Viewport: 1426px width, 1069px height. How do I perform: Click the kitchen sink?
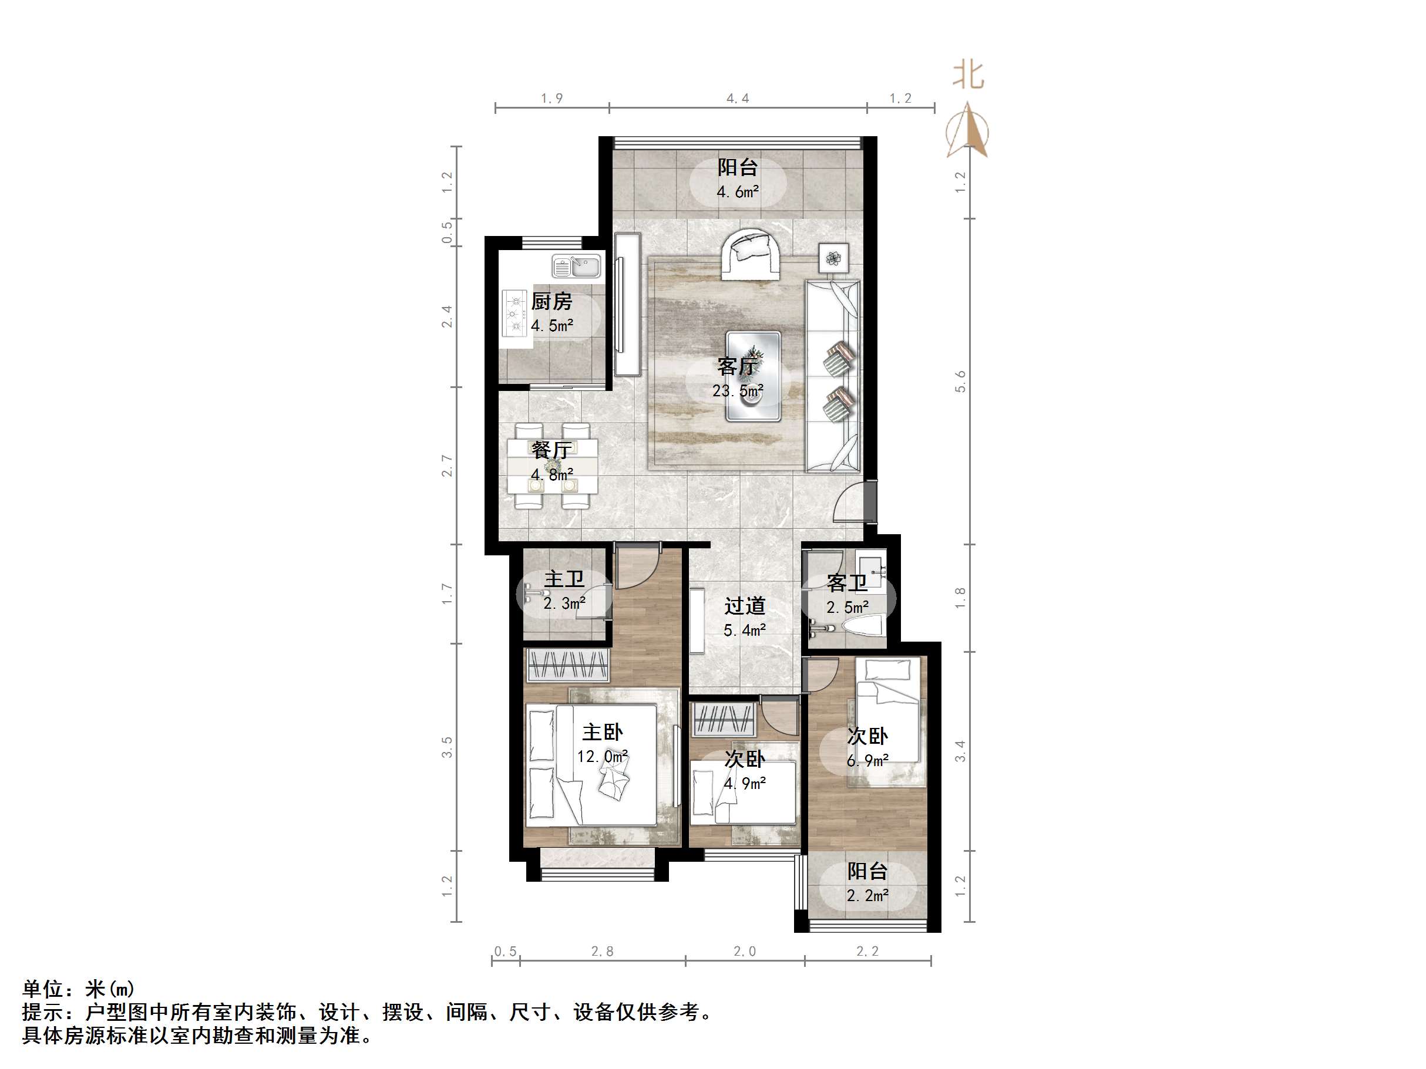(576, 265)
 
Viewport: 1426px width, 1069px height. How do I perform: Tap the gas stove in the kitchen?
(514, 315)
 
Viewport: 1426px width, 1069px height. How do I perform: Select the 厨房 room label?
(552, 302)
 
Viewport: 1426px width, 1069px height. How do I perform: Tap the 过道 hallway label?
(745, 606)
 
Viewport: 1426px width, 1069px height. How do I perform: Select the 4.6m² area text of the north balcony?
(738, 192)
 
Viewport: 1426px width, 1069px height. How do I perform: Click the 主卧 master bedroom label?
(603, 732)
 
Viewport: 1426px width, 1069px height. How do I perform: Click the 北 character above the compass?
(968, 75)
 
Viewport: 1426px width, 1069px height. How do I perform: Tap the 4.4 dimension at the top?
(738, 99)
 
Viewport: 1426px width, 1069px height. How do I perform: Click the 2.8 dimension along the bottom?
(603, 951)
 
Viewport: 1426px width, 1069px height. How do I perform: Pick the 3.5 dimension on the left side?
(447, 747)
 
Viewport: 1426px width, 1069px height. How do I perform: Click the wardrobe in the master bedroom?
(568, 665)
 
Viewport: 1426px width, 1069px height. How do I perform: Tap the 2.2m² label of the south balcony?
(867, 896)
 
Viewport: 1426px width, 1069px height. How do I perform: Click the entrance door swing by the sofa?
(850, 501)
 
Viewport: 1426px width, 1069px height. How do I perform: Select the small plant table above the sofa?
(833, 258)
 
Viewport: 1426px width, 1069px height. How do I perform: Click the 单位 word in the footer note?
(43, 989)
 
